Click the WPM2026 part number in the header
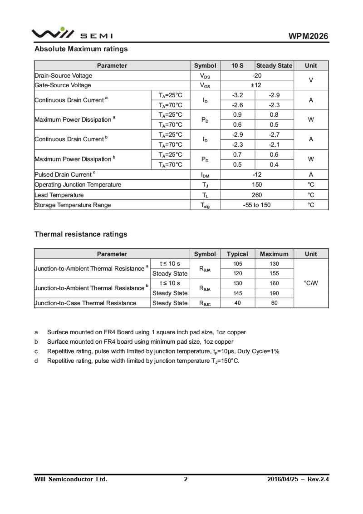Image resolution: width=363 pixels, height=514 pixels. (x=308, y=36)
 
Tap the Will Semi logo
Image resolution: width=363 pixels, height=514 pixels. (x=72, y=34)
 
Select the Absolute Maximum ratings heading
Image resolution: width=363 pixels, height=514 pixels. (x=81, y=49)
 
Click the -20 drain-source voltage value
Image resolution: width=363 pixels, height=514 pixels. (x=257, y=76)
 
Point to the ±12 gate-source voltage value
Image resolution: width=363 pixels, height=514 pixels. (x=257, y=85)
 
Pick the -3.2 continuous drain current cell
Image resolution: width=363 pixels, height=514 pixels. (x=237, y=95)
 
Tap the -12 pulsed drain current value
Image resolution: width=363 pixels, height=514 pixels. (x=257, y=175)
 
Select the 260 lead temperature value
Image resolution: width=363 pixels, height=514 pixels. (x=257, y=195)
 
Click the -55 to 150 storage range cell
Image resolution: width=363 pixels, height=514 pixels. (x=257, y=205)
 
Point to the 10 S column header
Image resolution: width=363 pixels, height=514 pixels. (x=237, y=66)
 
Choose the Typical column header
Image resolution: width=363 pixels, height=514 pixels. (x=237, y=254)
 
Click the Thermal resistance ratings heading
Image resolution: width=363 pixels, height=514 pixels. (x=81, y=234)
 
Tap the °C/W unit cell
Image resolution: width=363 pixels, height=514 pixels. (x=311, y=283)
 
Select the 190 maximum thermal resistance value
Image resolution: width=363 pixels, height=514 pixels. (x=274, y=293)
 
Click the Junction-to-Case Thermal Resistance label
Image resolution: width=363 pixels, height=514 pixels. (x=85, y=303)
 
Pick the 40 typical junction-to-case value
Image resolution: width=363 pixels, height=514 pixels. (x=237, y=303)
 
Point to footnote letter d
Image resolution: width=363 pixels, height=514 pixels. (x=36, y=361)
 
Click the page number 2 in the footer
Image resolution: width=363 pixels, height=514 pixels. (x=186, y=479)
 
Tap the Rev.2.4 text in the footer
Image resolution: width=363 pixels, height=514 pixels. (x=318, y=479)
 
